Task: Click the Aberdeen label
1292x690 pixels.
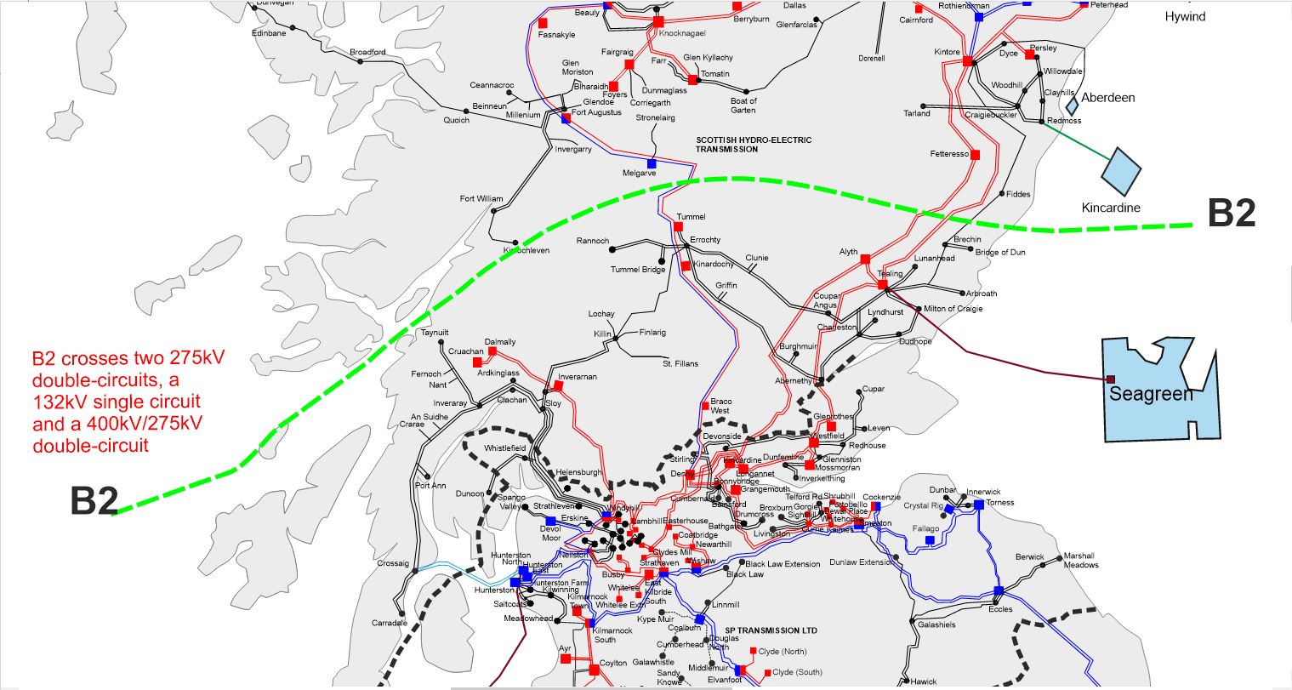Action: click(1107, 98)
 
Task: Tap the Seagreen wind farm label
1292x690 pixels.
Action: click(1151, 395)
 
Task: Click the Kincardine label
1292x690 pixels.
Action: click(1111, 208)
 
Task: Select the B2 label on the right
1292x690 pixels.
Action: click(1232, 213)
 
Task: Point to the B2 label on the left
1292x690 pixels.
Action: click(94, 501)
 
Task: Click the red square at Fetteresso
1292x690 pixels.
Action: click(976, 155)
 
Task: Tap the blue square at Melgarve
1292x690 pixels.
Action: click(652, 163)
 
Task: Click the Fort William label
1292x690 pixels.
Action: click(481, 199)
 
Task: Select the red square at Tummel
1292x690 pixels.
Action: click(678, 226)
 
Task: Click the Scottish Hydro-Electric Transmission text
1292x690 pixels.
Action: click(754, 145)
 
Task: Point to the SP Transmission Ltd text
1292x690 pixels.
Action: click(771, 631)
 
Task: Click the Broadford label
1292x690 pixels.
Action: click(367, 52)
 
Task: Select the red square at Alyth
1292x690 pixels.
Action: click(865, 258)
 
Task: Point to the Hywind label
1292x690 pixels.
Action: click(1185, 16)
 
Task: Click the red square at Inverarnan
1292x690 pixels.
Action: click(558, 385)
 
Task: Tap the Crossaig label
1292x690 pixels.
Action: click(393, 563)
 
